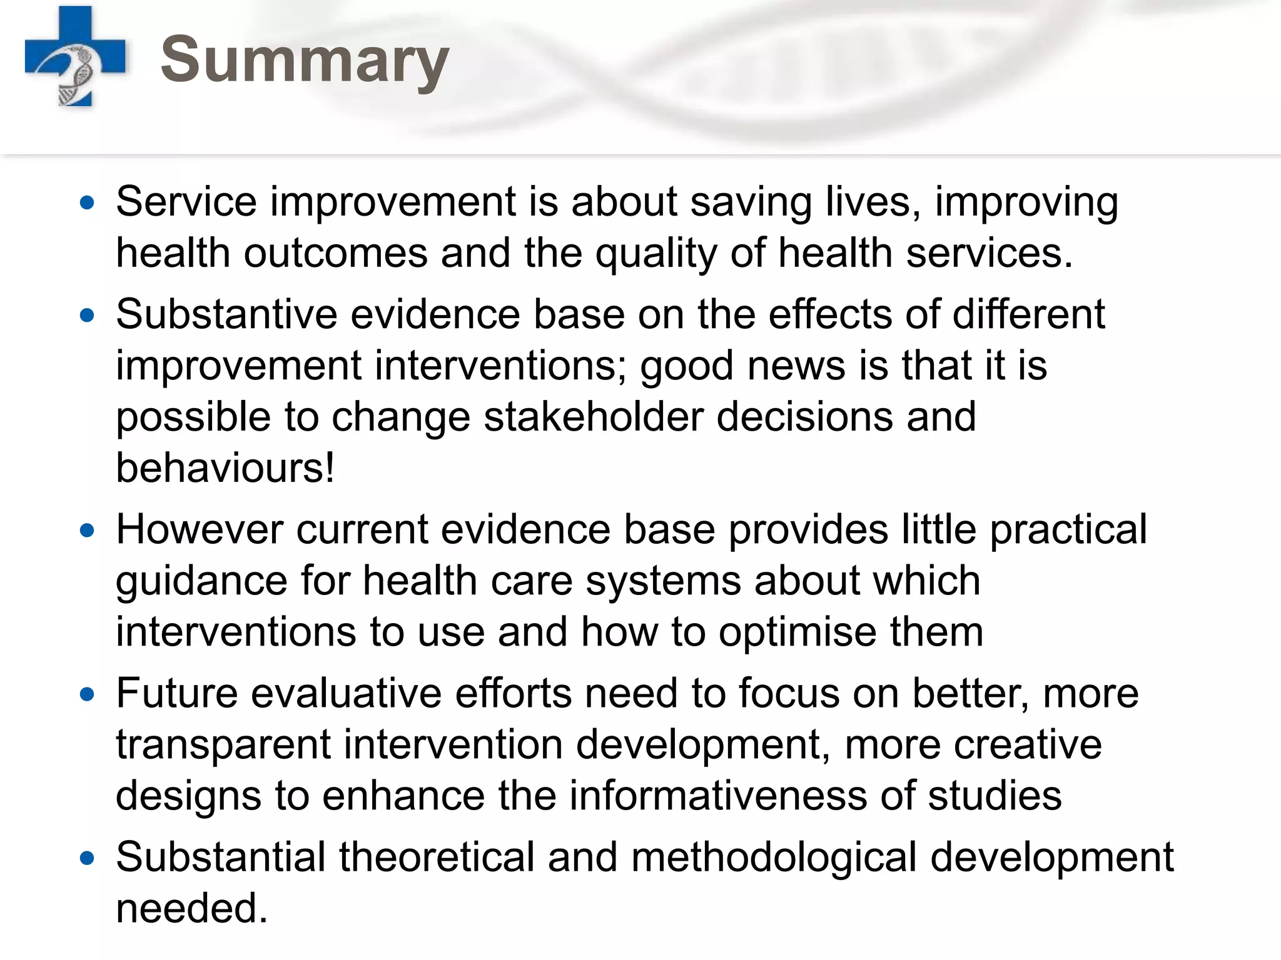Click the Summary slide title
click(x=305, y=60)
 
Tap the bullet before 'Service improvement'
click(x=88, y=202)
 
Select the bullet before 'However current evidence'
click(x=88, y=531)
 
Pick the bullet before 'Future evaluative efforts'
click(x=88, y=694)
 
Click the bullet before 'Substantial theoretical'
click(x=88, y=858)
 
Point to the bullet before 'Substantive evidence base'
click(x=88, y=315)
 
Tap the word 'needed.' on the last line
click(x=192, y=908)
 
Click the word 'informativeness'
click(x=718, y=796)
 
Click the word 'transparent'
click(x=223, y=745)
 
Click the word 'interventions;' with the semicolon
click(x=500, y=366)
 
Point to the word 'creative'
click(x=1028, y=745)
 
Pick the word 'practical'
click(x=1068, y=530)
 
